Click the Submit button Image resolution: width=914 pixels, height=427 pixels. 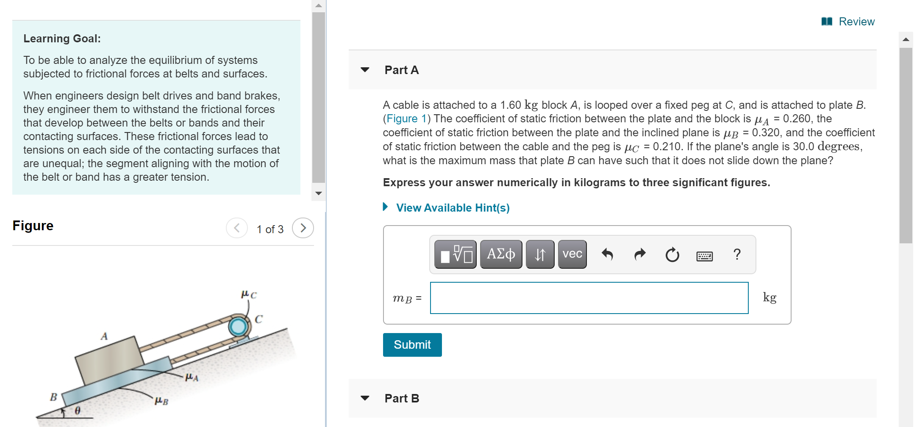pyautogui.click(x=412, y=344)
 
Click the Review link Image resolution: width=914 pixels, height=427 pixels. pyautogui.click(x=856, y=22)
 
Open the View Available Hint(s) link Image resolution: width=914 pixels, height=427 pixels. pyautogui.click(x=452, y=208)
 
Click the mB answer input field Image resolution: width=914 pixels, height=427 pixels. pyautogui.click(x=589, y=298)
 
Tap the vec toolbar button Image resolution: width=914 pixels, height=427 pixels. pyautogui.click(x=572, y=254)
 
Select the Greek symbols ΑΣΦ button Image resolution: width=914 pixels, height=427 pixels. pyautogui.click(x=500, y=254)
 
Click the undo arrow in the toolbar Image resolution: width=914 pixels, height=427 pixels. pyautogui.click(x=607, y=254)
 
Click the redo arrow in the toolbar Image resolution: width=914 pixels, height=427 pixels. pyautogui.click(x=640, y=254)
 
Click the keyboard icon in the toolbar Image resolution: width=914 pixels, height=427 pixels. pyautogui.click(x=704, y=256)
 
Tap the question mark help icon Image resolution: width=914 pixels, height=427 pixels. pyautogui.click(x=737, y=254)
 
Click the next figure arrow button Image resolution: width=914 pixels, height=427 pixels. pyautogui.click(x=303, y=228)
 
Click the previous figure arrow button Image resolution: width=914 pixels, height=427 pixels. pyautogui.click(x=237, y=228)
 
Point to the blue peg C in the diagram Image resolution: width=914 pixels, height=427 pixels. pyautogui.click(x=238, y=326)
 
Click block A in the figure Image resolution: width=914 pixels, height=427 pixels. pyautogui.click(x=109, y=360)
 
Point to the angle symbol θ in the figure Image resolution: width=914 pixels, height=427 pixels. pyautogui.click(x=78, y=410)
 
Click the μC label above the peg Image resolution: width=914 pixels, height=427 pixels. pyautogui.click(x=249, y=294)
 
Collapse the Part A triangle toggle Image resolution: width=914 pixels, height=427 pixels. pyautogui.click(x=365, y=70)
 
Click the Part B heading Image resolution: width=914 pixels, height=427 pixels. pyautogui.click(x=401, y=398)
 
